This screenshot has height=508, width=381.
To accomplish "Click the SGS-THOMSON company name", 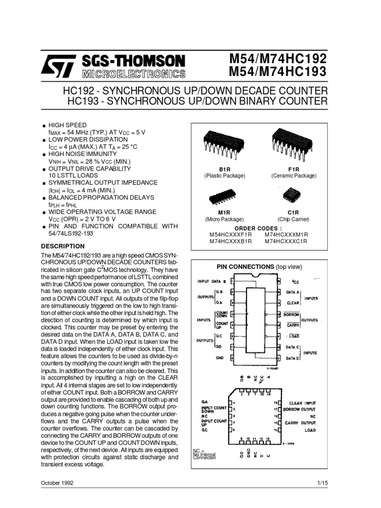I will point(132,62).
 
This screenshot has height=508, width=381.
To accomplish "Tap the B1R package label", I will point(225,169).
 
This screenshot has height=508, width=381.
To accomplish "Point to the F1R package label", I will point(293,169).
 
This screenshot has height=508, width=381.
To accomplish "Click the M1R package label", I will point(225,212).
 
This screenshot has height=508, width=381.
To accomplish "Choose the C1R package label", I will point(293,212).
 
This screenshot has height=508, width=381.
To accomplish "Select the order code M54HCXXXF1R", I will point(231,234).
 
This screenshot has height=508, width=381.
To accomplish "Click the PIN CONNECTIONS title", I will point(245,266).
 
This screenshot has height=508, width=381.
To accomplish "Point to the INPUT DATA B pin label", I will point(211,281).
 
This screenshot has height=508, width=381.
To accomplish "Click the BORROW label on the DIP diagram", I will point(291,315).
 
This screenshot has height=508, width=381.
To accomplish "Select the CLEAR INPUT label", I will point(302,403).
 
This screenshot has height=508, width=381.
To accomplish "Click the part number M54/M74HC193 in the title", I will point(278,72).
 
